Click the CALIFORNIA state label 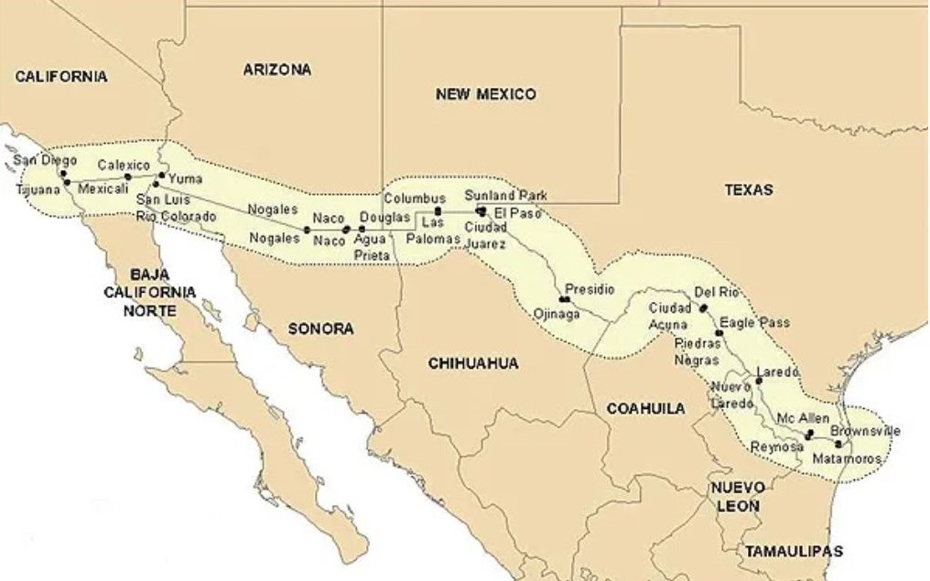pyautogui.click(x=61, y=77)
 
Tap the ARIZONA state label pyautogui.click(x=276, y=70)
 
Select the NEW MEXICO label pyautogui.click(x=485, y=94)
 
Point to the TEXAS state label pyautogui.click(x=748, y=190)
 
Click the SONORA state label pyautogui.click(x=320, y=328)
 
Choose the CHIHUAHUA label pyautogui.click(x=473, y=363)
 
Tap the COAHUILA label pyautogui.click(x=645, y=409)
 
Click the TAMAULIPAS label pyautogui.click(x=793, y=551)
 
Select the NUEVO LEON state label pyautogui.click(x=738, y=497)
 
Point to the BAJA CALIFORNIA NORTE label pyautogui.click(x=149, y=292)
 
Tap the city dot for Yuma pyautogui.click(x=162, y=175)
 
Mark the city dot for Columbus pyautogui.click(x=438, y=210)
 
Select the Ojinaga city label pyautogui.click(x=556, y=314)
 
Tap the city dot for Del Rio pyautogui.click(x=703, y=309)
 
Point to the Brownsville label pyautogui.click(x=865, y=430)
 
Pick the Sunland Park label pyautogui.click(x=505, y=195)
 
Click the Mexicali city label pyautogui.click(x=103, y=188)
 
